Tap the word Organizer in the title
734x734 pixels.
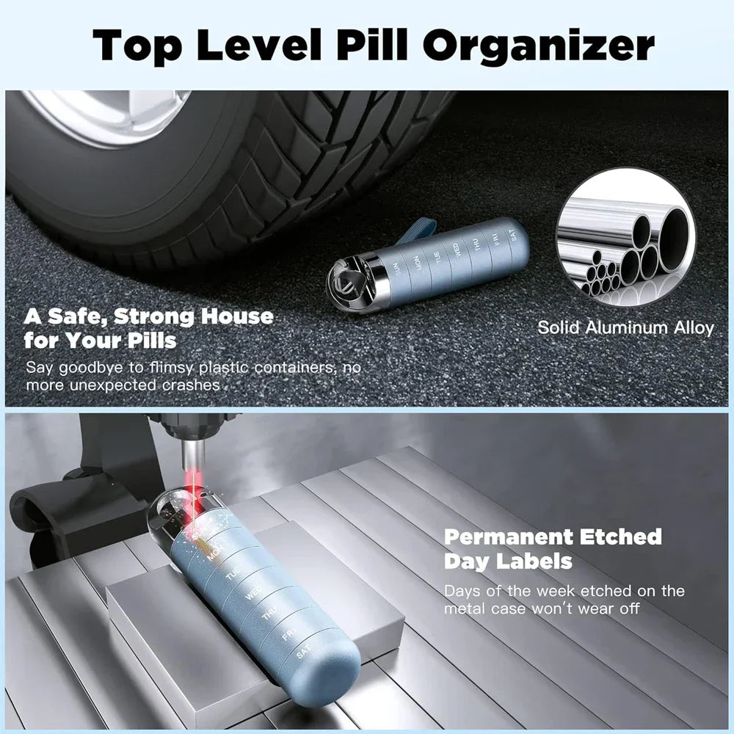[539, 45]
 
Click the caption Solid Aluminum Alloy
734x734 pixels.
[625, 327]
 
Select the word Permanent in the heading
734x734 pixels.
[497, 537]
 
